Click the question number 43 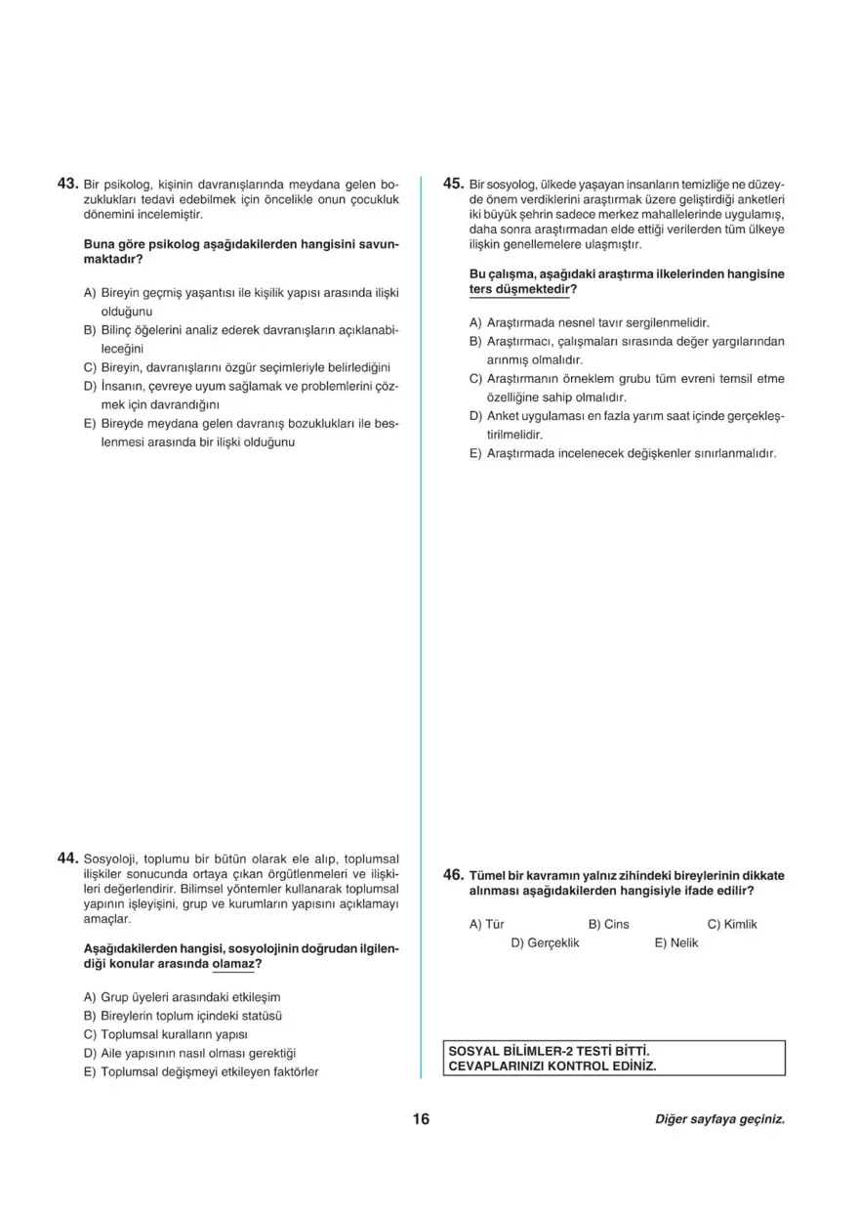67,183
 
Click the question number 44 67,857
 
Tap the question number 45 453,183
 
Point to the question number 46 453,875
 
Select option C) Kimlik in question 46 731,924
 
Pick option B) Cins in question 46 608,924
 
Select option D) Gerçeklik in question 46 545,942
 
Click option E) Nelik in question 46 675,942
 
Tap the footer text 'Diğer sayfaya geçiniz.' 719,1119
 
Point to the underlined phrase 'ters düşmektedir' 520,290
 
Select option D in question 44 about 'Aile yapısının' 190,1053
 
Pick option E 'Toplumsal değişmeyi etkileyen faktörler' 202,1071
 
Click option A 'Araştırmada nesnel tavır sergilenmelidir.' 589,322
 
